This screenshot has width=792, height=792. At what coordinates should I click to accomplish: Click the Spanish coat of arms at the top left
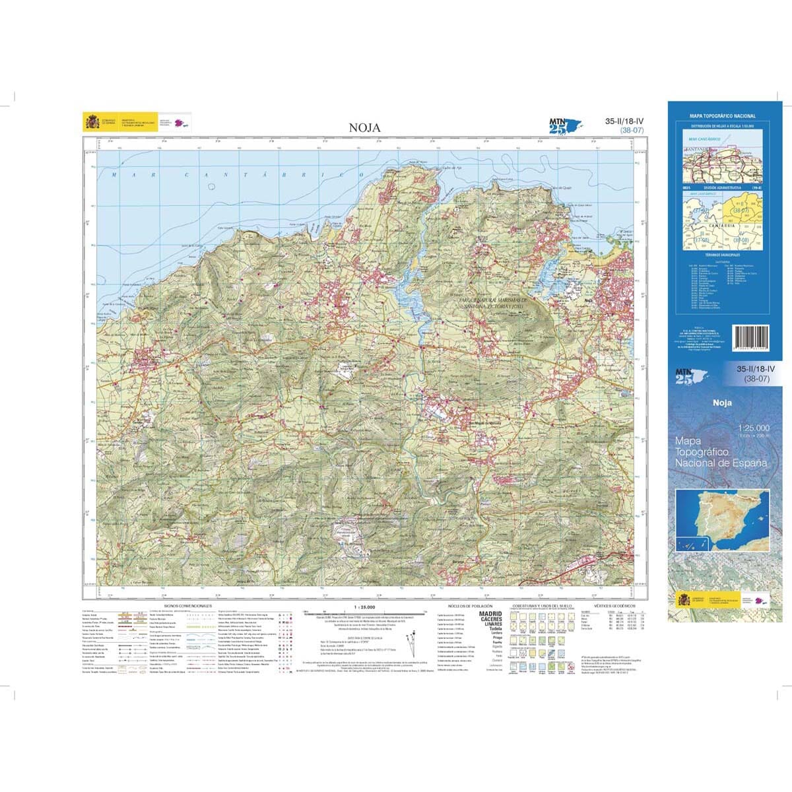click(92, 122)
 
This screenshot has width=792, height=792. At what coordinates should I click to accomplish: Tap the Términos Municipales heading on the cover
click(722, 254)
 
